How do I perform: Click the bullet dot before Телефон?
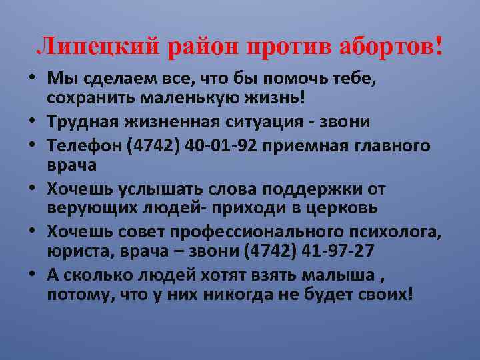[32, 146]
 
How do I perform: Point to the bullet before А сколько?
[32, 273]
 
